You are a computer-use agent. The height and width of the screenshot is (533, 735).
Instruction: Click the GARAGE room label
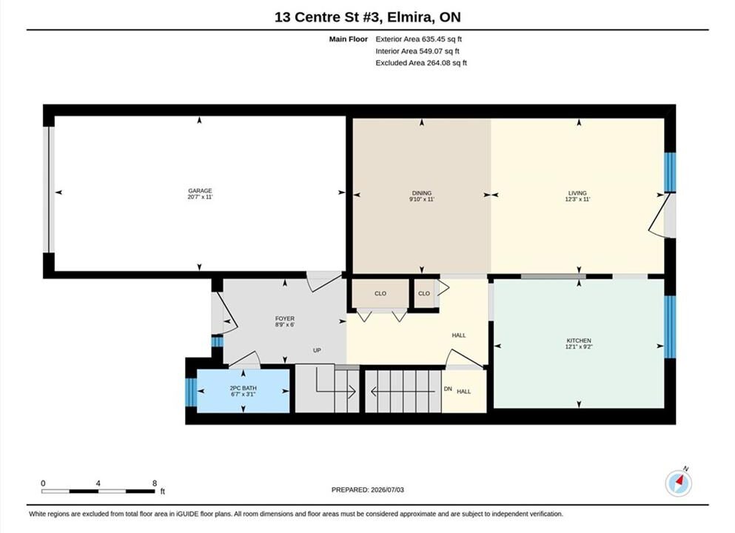tap(200, 191)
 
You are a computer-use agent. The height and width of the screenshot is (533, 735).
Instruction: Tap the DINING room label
tap(422, 193)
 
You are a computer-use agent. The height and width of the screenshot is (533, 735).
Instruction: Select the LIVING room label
tap(577, 193)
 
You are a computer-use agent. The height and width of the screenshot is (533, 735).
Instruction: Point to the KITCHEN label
tap(579, 341)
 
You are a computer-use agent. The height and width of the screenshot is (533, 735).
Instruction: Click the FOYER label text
tap(284, 319)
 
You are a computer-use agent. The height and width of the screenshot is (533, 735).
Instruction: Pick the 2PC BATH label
tap(243, 388)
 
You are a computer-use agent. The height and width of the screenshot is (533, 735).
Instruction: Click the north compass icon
tap(678, 483)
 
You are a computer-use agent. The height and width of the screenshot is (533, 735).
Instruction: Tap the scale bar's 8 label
tap(155, 483)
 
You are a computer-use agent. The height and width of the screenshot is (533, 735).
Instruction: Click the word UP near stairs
tap(317, 350)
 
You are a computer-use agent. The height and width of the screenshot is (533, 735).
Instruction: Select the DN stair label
tap(448, 389)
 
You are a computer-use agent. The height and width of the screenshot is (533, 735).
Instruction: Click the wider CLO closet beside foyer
tap(380, 293)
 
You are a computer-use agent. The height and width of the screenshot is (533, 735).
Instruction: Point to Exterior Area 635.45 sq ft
tap(419, 39)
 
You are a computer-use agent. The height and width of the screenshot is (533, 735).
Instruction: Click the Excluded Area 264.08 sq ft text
tap(421, 63)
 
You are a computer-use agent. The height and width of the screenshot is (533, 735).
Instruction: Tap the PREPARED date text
tap(367, 490)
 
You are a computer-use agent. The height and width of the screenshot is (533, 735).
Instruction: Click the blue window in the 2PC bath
tap(191, 392)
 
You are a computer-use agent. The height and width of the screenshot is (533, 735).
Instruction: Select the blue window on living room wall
tap(671, 172)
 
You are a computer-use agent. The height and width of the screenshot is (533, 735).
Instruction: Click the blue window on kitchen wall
tap(671, 326)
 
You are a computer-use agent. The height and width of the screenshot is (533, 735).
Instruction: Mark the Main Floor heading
tap(349, 39)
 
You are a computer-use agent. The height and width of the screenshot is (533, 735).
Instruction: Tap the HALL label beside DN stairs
tap(463, 392)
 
